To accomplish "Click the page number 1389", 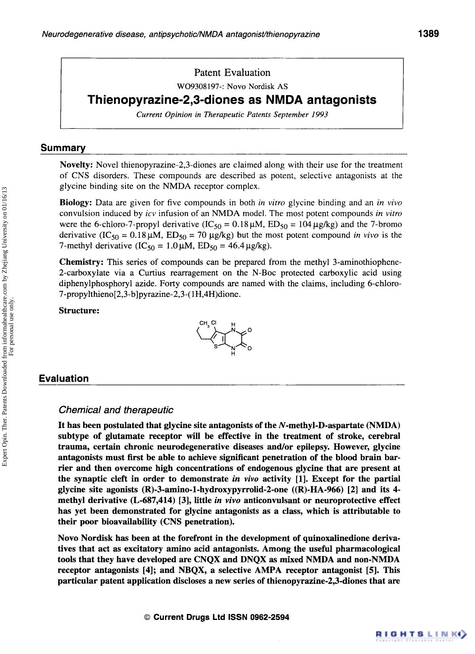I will [x=429, y=34].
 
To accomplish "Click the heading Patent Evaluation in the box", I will [x=232, y=73].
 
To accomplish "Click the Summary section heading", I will [x=63, y=148].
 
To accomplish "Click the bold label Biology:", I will [x=76, y=203].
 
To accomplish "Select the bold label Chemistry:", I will [x=82, y=262].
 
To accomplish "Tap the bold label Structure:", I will [x=79, y=310].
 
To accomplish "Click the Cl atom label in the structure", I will [x=214, y=322].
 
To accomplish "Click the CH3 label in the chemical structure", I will [x=204, y=323].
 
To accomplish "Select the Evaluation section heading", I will [x=64, y=379].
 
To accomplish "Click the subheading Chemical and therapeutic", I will [x=116, y=409].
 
